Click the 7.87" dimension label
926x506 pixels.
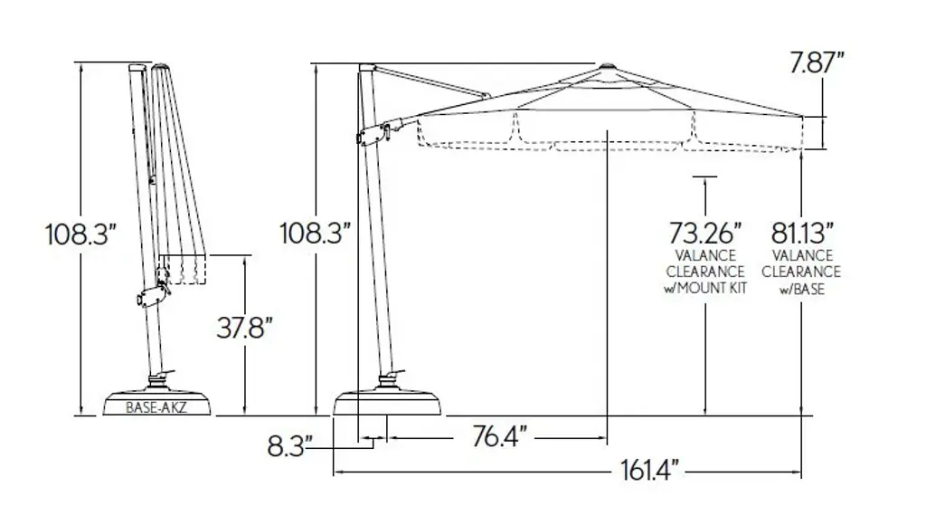tap(817, 62)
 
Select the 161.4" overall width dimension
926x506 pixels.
tap(649, 471)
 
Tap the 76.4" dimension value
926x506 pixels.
tap(499, 437)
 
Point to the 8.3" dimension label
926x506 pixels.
tap(289, 445)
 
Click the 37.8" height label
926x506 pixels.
tap(244, 327)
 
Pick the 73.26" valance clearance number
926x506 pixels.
tap(705, 233)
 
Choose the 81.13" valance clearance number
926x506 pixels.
tap(803, 233)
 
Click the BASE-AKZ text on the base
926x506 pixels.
tap(156, 407)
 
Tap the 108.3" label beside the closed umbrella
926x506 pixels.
tap(78, 234)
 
